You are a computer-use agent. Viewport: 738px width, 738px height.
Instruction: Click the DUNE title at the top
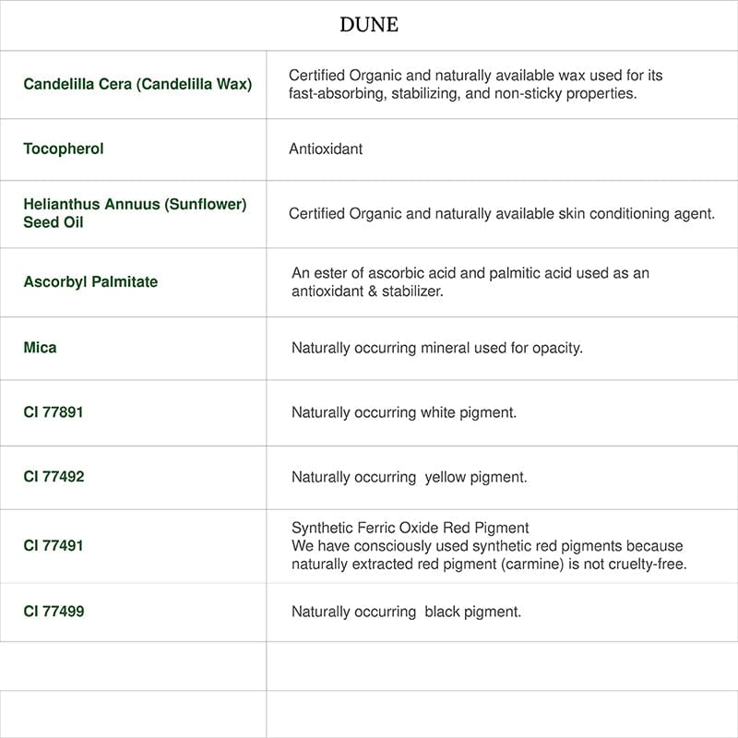[x=369, y=25]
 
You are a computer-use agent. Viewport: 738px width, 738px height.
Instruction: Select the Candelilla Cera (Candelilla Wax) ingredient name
[x=137, y=84]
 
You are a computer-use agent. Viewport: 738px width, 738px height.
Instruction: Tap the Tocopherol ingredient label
[x=64, y=149]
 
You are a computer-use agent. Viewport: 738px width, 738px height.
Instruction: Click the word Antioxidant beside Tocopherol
[x=326, y=149]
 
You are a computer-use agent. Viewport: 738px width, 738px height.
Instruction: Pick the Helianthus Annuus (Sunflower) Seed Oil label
[x=135, y=213]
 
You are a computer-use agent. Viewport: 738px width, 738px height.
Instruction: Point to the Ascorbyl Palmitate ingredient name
[x=90, y=281]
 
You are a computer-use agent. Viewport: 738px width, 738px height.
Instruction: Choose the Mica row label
[x=40, y=347]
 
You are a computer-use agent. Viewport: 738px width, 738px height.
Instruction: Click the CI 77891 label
[x=54, y=411]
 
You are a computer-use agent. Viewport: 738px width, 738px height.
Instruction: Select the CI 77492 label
[x=54, y=476]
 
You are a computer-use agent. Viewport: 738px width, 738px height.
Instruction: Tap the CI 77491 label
[x=54, y=545]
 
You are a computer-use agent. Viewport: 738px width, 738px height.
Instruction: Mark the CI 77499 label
[x=54, y=611]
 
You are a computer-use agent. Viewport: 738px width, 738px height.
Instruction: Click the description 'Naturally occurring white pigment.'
[x=404, y=412]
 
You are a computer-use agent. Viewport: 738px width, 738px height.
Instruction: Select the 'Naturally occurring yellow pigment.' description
[x=409, y=477]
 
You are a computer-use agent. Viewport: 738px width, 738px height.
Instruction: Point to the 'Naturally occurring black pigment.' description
[x=406, y=612]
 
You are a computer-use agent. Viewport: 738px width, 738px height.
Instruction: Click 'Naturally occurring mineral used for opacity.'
[x=437, y=348]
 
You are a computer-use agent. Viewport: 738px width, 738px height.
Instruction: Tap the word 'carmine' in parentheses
[x=532, y=564]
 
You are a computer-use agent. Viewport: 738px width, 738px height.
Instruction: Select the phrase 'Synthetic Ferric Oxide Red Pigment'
[x=411, y=528]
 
